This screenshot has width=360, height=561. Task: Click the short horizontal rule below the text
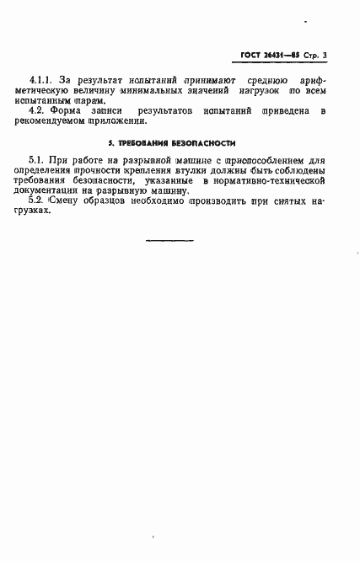pyautogui.click(x=169, y=242)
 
